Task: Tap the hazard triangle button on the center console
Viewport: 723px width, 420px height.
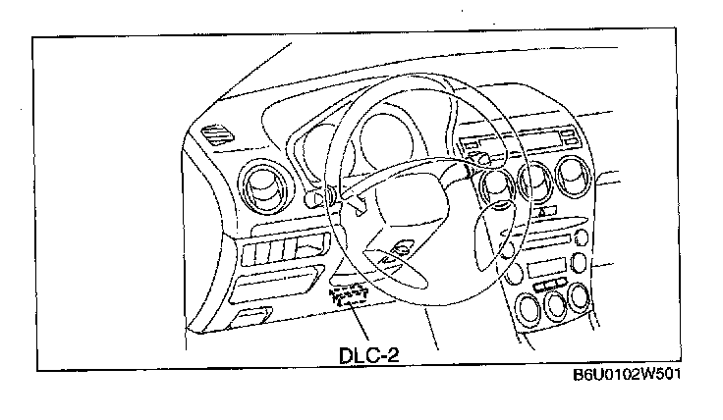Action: pos(541,210)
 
